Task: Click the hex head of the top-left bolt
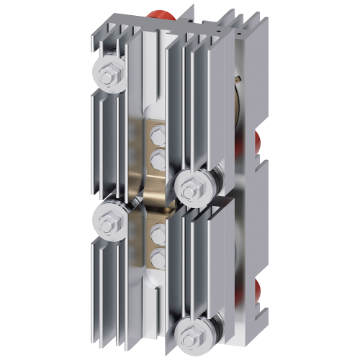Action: [x=112, y=73]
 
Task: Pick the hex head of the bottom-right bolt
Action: [x=192, y=333]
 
